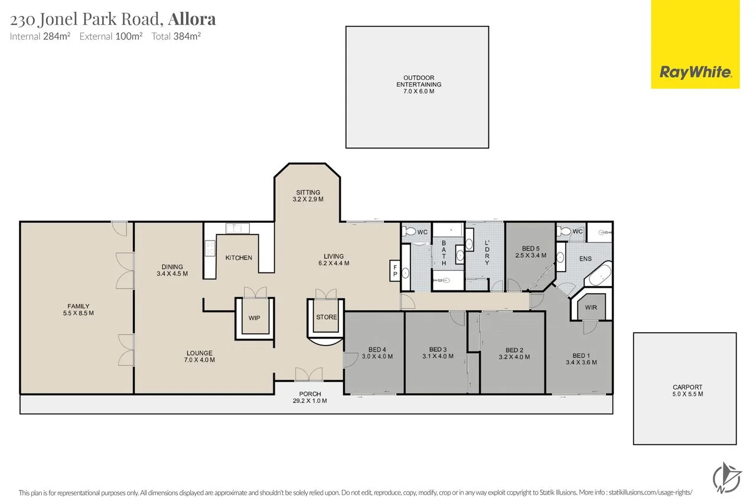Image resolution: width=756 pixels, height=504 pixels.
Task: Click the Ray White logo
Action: [695, 72]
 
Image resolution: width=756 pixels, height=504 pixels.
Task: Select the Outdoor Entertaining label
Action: [418, 84]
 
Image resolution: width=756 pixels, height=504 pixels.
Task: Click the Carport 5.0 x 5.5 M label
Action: [685, 391]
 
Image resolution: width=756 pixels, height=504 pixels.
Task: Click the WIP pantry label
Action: [254, 318]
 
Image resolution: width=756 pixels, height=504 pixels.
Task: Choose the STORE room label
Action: [326, 317]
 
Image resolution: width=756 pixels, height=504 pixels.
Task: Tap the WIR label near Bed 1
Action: [591, 308]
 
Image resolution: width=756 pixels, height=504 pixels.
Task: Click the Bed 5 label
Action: [530, 252]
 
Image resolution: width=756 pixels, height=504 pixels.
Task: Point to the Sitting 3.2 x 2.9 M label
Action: [308, 196]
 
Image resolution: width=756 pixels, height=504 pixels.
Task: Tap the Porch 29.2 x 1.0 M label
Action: [309, 397]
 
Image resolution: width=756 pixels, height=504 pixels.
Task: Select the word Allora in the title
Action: [192, 19]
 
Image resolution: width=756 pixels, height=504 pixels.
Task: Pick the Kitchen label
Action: [239, 258]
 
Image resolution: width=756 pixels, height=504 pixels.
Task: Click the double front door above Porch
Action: [309, 374]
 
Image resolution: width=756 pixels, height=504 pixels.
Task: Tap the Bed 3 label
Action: [438, 353]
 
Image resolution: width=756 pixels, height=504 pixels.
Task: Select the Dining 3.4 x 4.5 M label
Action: [172, 270]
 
